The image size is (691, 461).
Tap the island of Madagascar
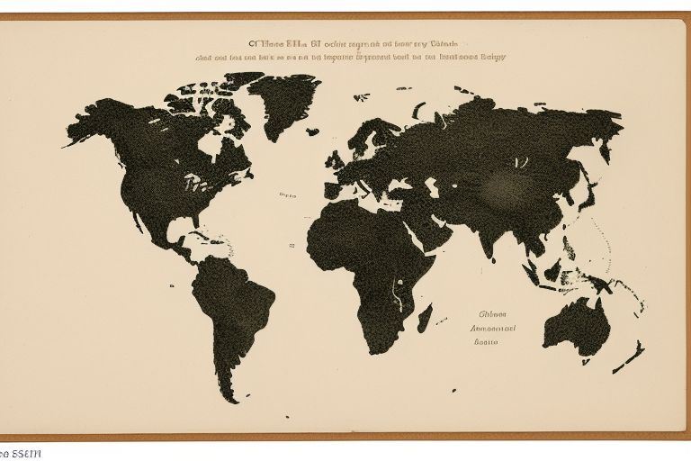point(426,317)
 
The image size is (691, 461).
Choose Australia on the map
point(576,324)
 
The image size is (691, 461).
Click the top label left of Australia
point(493,315)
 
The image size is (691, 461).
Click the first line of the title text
point(354,41)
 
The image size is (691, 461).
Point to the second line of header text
point(351,56)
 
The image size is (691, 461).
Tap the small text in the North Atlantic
point(288,194)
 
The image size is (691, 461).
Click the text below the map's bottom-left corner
point(20,453)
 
